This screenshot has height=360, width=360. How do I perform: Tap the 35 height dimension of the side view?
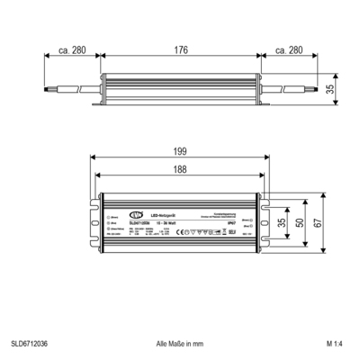330,89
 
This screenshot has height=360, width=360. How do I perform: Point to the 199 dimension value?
181,151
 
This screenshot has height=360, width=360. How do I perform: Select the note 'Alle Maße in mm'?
179,344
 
